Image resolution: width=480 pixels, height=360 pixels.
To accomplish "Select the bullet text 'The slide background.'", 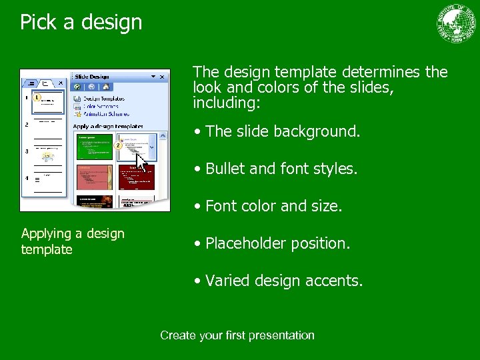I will pos(283,131).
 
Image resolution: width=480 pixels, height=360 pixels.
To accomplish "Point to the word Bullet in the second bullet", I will pos(225,169).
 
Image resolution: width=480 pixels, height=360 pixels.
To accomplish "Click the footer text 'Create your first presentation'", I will pos(237,335).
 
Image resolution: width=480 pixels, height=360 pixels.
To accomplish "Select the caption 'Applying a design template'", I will pos(73,241).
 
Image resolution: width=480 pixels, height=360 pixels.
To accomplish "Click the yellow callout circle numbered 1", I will pos(37,98).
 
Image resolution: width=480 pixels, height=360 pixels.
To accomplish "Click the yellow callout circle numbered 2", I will pos(118,145).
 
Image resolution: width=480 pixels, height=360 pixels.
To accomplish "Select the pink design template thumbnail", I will pos(95,178).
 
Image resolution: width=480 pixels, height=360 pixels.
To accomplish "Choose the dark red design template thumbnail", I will pos(137,178).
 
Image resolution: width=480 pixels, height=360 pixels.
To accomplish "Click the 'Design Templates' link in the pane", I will pos(104,99).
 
